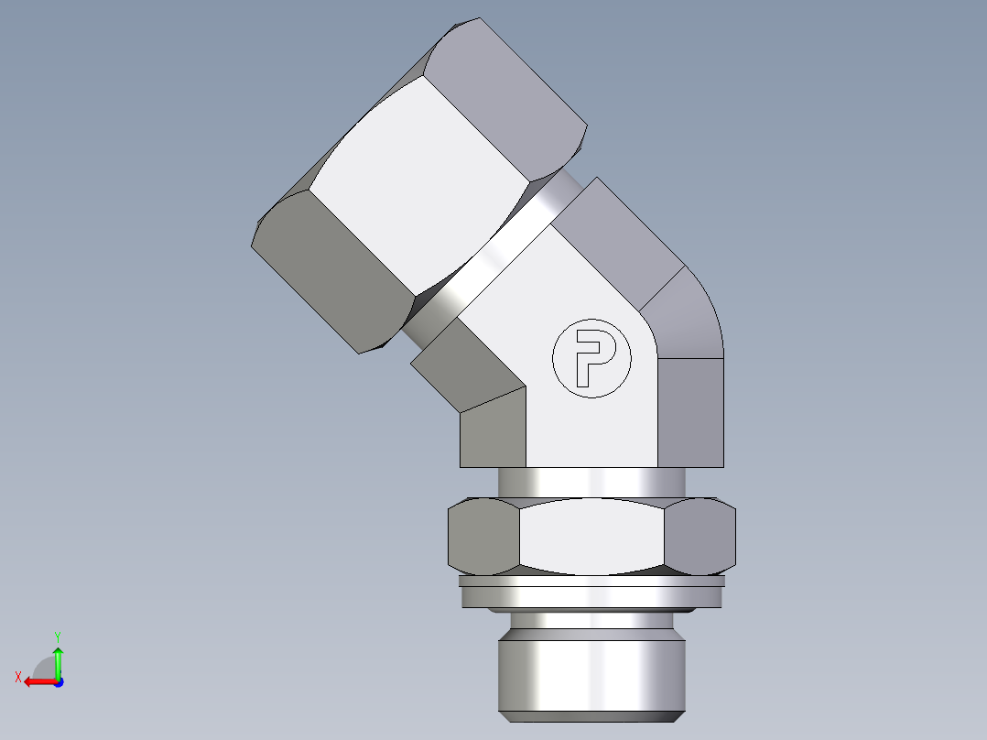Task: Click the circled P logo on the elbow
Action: (591, 358)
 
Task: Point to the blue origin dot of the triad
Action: (58, 682)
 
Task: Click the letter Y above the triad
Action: (57, 636)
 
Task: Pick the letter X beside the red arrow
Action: (17, 677)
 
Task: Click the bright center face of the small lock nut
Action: (591, 537)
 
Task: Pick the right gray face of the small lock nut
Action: (700, 537)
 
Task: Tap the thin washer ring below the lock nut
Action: (591, 581)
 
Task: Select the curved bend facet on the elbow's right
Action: (687, 316)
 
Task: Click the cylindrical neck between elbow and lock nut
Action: (591, 482)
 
